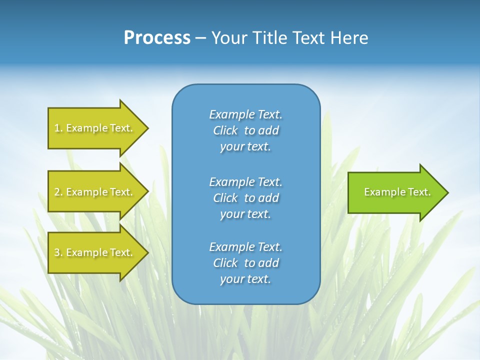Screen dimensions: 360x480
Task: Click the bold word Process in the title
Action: tap(157, 38)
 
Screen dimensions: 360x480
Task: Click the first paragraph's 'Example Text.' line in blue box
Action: tap(245, 114)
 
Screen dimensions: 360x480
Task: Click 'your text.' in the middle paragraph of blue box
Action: tap(245, 214)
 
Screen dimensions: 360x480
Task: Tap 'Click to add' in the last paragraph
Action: tap(245, 263)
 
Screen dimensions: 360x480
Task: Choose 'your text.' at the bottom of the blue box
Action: tap(245, 279)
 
